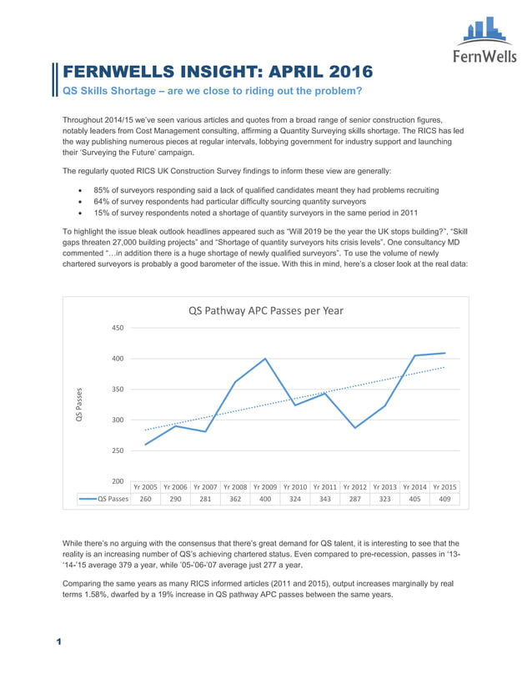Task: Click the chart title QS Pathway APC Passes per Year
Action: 265,309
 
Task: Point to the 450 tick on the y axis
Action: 118,328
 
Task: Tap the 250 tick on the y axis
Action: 118,450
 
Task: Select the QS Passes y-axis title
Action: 80,404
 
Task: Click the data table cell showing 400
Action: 265,499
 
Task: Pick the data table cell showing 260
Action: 145,499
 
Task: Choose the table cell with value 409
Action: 445,499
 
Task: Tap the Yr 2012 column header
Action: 355,486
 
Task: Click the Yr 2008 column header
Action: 235,486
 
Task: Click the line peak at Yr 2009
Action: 265,359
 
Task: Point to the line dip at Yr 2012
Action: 355,428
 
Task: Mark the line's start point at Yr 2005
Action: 145,445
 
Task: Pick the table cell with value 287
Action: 355,499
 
